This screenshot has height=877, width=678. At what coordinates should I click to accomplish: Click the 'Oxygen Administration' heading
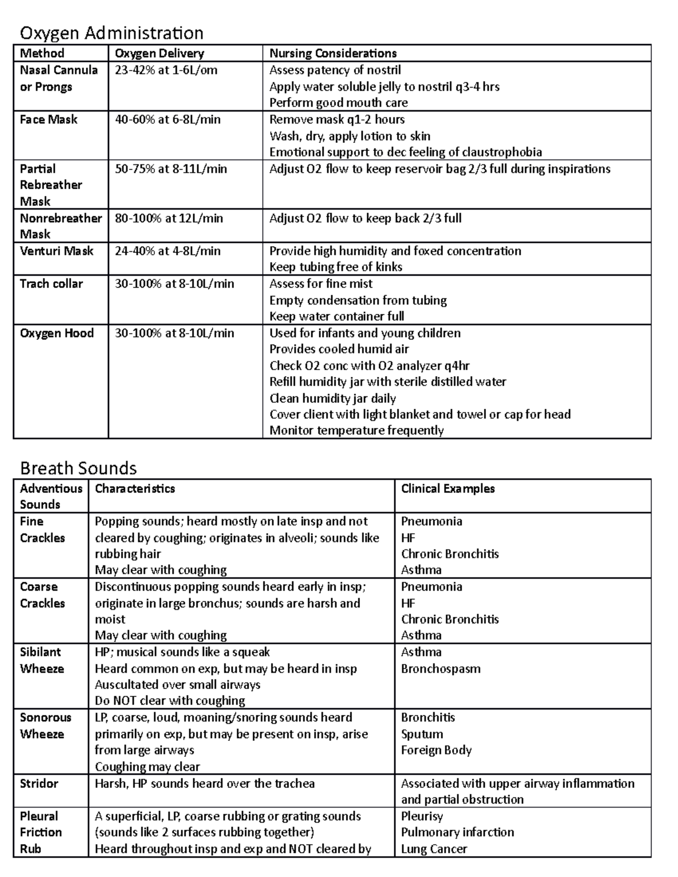[x=111, y=33]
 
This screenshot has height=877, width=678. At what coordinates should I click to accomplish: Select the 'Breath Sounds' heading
[x=78, y=468]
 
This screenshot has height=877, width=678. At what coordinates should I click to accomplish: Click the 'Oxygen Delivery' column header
[x=159, y=54]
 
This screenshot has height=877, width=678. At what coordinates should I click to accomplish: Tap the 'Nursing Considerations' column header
[x=333, y=54]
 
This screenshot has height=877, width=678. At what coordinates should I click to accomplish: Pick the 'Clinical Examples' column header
[x=447, y=488]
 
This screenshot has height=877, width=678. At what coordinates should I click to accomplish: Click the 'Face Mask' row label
[x=49, y=120]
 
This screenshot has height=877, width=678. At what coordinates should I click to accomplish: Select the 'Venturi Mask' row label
[x=56, y=251]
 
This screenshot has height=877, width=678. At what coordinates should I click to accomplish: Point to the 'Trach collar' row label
[x=51, y=283]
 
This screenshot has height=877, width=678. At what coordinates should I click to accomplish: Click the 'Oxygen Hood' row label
[x=56, y=333]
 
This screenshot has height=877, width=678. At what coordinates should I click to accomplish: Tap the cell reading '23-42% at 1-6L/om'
[x=166, y=70]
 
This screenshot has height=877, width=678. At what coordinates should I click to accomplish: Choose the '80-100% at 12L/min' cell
[x=169, y=218]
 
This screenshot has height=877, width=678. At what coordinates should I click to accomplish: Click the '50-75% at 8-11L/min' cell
[x=171, y=169]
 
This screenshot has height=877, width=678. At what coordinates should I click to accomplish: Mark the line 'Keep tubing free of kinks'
[x=336, y=267]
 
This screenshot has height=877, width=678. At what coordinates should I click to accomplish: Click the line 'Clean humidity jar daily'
[x=332, y=399]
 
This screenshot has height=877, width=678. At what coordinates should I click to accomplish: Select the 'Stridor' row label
[x=39, y=783]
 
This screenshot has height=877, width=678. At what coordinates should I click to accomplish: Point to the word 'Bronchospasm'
[x=441, y=669]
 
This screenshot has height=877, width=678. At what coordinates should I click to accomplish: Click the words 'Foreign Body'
[x=436, y=750]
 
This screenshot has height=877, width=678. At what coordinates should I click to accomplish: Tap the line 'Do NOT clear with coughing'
[x=169, y=701]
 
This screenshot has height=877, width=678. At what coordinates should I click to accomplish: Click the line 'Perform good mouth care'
[x=338, y=103]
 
